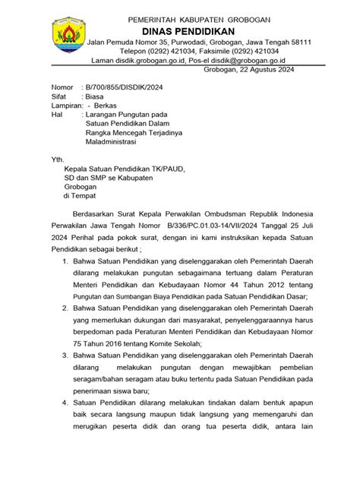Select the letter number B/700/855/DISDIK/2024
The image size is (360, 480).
(x=127, y=89)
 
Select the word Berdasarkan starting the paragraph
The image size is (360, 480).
(x=97, y=214)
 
